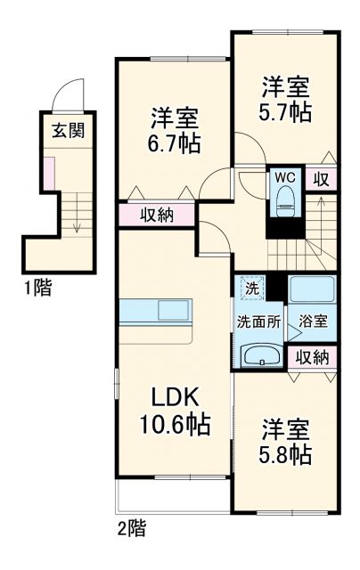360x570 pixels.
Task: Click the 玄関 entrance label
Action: coord(67,132)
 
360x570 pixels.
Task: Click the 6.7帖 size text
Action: coord(175,142)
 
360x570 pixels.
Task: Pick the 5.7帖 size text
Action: coord(285,113)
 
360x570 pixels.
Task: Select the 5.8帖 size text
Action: coord(286,455)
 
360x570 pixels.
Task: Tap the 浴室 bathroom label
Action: coord(313,322)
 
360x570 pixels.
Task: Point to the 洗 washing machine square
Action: coord(252,288)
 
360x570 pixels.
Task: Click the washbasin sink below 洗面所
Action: coord(260,356)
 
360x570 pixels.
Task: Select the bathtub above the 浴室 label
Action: coord(312,290)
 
